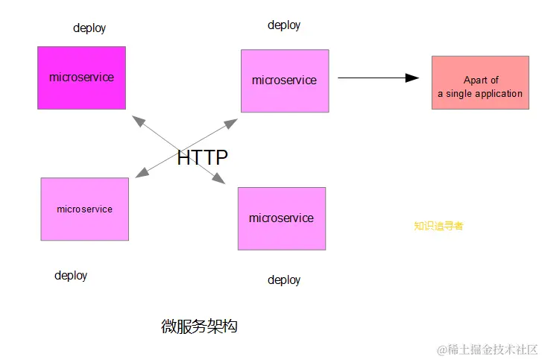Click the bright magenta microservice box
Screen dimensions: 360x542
click(81, 78)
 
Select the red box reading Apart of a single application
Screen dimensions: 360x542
click(479, 82)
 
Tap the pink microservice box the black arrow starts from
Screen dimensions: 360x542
click(284, 80)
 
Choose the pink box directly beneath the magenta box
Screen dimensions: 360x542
click(84, 209)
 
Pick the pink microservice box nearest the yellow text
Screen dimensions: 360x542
click(281, 218)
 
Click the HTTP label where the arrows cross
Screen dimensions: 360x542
click(202, 157)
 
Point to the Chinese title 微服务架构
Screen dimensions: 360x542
click(199, 326)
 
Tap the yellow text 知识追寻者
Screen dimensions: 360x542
click(438, 226)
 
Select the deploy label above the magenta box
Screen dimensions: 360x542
click(89, 28)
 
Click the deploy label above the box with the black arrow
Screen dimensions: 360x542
click(284, 25)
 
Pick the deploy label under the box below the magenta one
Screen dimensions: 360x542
click(71, 276)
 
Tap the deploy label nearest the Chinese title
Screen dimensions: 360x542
click(284, 280)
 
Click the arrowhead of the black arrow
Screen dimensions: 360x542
click(412, 78)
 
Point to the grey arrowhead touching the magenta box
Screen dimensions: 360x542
click(136, 121)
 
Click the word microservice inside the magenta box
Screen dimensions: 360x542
click(81, 78)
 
